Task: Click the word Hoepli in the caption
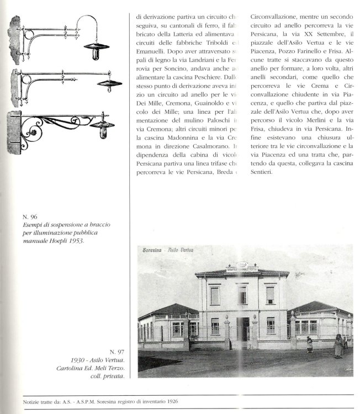[x=56, y=241]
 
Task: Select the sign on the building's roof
[x=243, y=267]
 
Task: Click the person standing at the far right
[x=337, y=346]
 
